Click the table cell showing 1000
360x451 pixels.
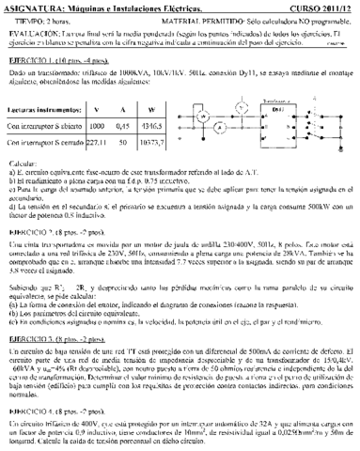(97, 125)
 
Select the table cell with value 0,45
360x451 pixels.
(121, 125)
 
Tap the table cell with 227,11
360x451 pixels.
(95, 145)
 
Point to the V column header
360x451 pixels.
(97, 109)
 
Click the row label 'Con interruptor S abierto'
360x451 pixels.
(44, 125)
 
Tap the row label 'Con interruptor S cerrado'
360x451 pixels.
(44, 145)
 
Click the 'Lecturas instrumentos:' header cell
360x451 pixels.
(44, 109)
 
